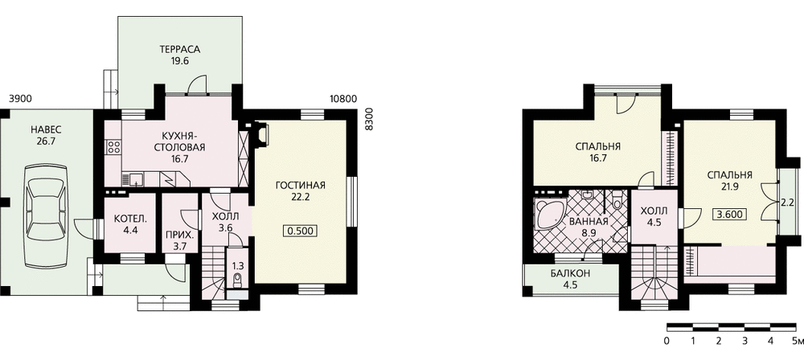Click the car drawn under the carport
47,214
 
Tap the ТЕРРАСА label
179,50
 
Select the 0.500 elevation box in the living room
300,231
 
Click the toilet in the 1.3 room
237,279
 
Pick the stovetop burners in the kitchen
114,147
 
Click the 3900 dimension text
21,99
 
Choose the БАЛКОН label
571,274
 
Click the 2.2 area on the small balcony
787,202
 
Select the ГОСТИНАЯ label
301,185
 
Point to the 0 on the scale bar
667,341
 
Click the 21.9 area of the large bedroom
729,186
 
